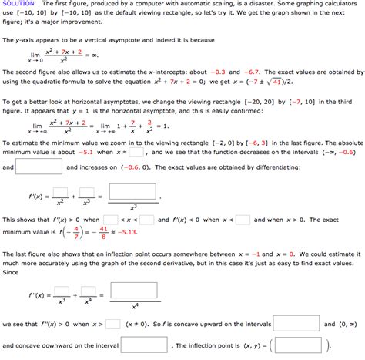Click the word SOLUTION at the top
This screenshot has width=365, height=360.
pyautogui.click(x=16, y=5)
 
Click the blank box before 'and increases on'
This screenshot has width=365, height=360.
pyautogui.click(x=39, y=167)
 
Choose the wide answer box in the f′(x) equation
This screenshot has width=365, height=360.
pyautogui.click(x=133, y=191)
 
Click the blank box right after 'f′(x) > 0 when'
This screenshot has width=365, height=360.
pyautogui.click(x=111, y=220)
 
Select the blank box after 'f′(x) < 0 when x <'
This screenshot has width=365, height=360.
pyautogui.click(x=243, y=220)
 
